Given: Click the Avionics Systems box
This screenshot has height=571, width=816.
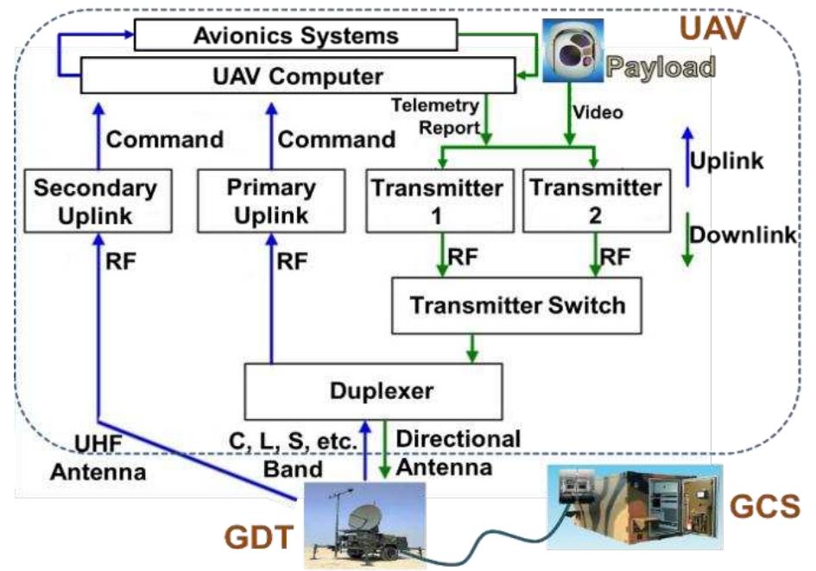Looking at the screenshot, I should click(295, 36).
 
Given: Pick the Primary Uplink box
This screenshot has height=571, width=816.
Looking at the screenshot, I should click(271, 201).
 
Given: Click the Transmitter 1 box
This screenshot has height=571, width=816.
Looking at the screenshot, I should click(435, 201).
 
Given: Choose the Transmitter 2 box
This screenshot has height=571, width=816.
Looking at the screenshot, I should click(593, 201).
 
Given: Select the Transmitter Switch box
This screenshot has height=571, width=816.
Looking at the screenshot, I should click(516, 306).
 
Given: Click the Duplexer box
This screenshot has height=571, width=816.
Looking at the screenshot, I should click(373, 391).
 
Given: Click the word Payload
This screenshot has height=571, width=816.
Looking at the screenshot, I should click(661, 67).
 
